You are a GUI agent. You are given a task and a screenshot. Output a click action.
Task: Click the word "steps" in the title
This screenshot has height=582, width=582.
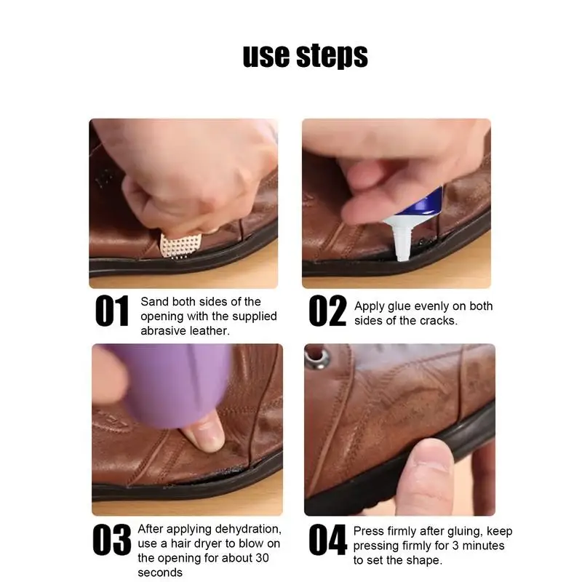pyautogui.click(x=332, y=57)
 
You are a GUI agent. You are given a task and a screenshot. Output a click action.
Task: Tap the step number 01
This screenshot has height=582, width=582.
pyautogui.click(x=112, y=311)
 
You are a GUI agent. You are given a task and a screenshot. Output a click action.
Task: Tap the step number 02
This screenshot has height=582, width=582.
pyautogui.click(x=327, y=311)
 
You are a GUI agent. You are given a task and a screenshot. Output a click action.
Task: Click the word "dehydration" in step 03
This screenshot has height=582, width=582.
pyautogui.click(x=247, y=529)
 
